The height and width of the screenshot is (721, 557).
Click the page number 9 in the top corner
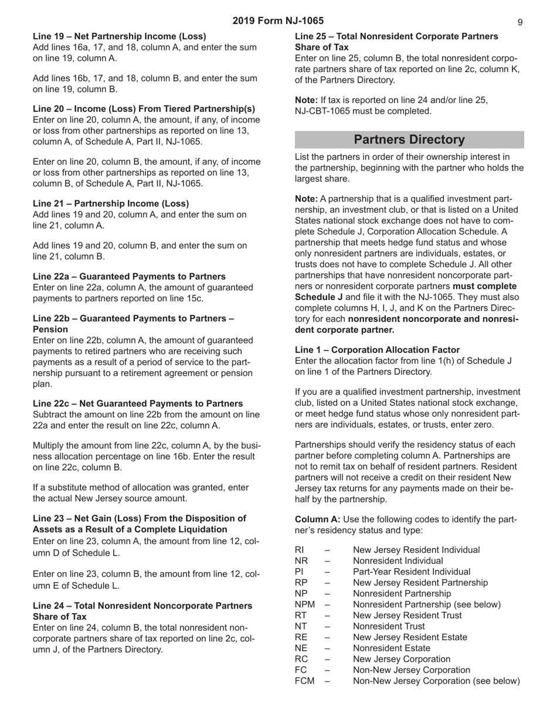[520, 22]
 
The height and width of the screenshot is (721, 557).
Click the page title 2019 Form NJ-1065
[278, 21]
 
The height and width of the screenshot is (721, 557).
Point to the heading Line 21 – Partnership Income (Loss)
[111, 204]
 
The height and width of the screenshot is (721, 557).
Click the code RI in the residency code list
[298, 550]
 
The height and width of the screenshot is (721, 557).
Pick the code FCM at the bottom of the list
[304, 681]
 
